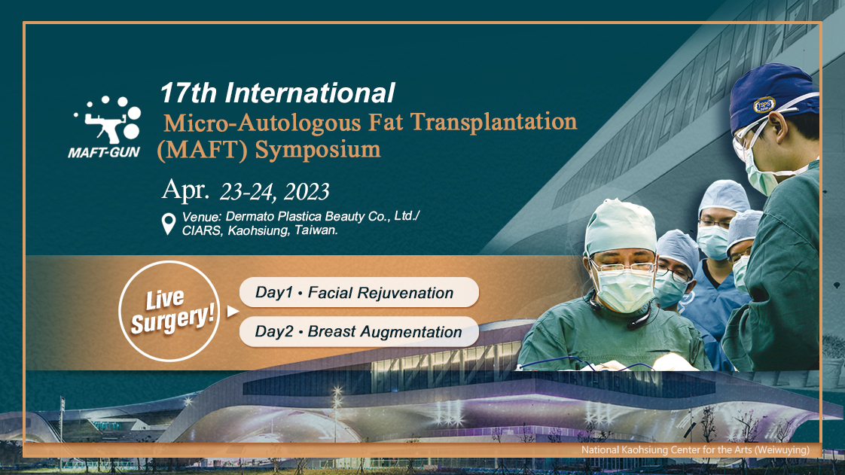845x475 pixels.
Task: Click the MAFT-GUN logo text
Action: coord(103,152)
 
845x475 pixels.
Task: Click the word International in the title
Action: coord(310,93)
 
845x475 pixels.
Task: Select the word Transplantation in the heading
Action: coord(493,122)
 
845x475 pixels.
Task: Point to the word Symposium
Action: coord(317,149)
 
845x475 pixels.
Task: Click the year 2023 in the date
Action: coord(307,192)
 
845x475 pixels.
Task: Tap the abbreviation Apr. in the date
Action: coord(185,190)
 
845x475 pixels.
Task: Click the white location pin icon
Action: coord(169,224)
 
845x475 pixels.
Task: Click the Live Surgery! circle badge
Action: coord(169,312)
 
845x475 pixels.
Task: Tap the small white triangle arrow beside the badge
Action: coord(233,312)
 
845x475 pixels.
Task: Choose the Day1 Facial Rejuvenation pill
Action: coord(359,292)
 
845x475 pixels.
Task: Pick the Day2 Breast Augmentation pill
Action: coord(359,332)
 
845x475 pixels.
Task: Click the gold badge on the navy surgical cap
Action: coord(764,105)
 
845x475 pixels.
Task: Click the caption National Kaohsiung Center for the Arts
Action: coord(695,449)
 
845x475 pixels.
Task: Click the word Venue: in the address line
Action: coord(202,217)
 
